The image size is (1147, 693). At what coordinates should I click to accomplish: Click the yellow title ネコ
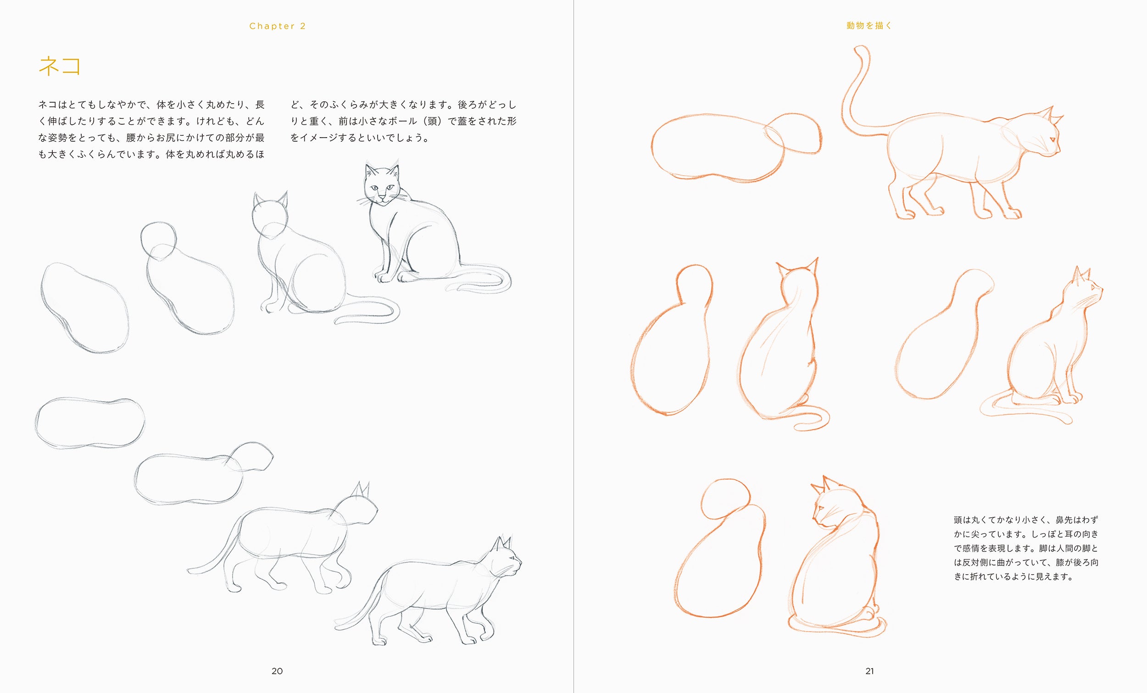coord(60,66)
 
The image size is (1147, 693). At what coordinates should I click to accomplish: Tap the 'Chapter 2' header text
coord(278,26)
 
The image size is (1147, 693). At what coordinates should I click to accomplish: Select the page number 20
coord(277,671)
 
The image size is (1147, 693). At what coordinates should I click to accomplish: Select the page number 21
coord(869,671)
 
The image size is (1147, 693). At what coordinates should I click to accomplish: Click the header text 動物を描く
coord(869,26)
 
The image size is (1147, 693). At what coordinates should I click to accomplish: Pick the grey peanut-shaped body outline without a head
coord(89,422)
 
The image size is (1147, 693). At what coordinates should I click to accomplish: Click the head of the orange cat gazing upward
coord(1085,288)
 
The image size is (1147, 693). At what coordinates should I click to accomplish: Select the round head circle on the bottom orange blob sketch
coord(725,499)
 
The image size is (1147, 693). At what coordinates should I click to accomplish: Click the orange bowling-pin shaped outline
coord(671,340)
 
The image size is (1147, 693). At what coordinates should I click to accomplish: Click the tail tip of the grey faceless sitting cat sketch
coord(336,322)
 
